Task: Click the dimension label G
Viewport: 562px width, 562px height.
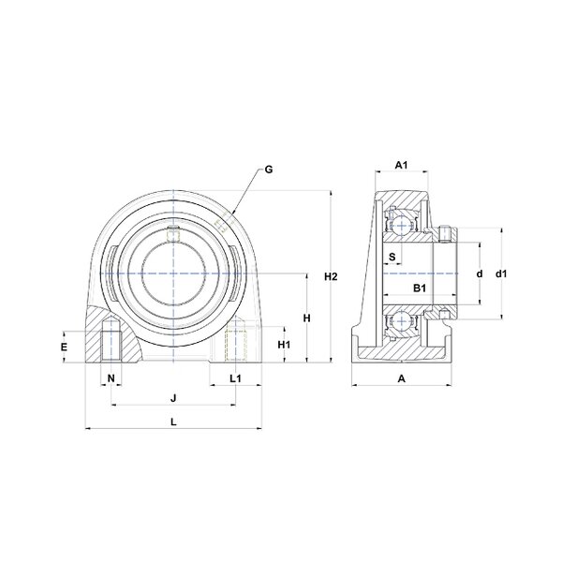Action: (269, 170)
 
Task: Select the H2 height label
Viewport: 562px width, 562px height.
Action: (331, 276)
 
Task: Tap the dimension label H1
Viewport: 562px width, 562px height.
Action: (284, 345)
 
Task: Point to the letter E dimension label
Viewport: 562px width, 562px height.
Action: (64, 347)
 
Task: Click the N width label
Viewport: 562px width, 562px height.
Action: (111, 377)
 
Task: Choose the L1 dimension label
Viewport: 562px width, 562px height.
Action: (235, 378)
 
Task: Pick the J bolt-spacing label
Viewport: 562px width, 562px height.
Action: (173, 398)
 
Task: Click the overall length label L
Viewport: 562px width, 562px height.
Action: (173, 421)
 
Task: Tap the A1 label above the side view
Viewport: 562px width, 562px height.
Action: (402, 165)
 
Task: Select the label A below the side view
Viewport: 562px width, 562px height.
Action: (402, 378)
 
